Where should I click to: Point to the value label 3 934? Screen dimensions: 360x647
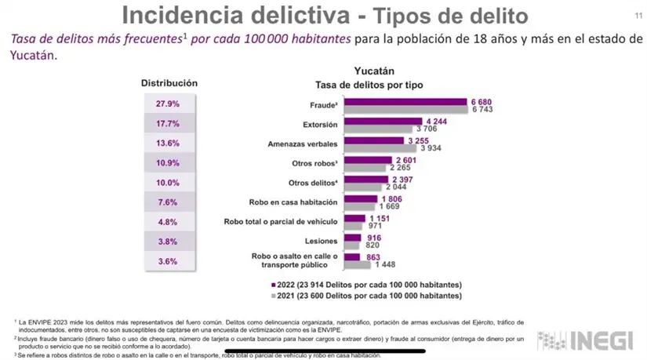click(434, 147)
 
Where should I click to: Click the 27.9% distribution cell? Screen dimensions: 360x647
click(168, 104)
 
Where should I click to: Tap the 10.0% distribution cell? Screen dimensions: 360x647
click(168, 183)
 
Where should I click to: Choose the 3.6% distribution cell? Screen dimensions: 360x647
click(168, 261)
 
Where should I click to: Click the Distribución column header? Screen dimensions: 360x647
click(169, 83)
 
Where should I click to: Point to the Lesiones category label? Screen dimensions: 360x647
click(322, 240)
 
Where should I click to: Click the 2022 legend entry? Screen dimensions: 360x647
click(365, 284)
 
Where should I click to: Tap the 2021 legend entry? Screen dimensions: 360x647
click(365, 296)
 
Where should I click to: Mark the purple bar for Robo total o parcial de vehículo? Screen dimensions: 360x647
click(355, 219)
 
